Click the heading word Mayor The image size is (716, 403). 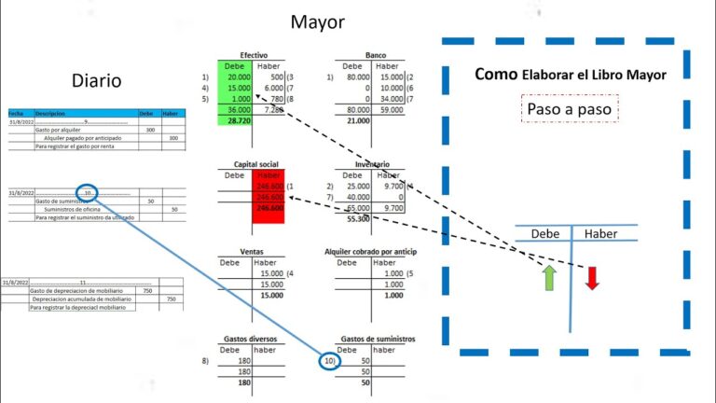(x=318, y=21)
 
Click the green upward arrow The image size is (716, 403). (x=549, y=277)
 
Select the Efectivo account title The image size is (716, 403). (x=254, y=56)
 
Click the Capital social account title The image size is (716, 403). (x=254, y=165)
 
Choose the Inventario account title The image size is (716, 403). (x=372, y=165)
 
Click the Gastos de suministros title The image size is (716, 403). (x=378, y=339)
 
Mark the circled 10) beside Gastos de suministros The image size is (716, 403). (x=328, y=359)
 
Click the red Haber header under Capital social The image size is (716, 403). (x=268, y=175)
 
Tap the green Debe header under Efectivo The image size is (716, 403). (x=234, y=66)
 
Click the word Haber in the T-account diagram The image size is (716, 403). (x=600, y=234)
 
